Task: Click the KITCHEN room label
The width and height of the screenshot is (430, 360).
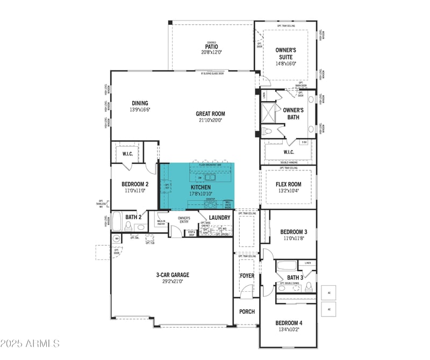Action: point(197,187)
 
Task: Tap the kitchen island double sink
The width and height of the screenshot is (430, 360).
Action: point(210,177)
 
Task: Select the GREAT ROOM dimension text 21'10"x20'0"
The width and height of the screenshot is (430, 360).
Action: point(210,120)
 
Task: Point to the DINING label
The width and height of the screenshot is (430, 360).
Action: point(140,103)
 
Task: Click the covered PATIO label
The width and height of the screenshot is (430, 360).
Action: point(211,46)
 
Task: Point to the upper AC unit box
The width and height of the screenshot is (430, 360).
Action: point(328,292)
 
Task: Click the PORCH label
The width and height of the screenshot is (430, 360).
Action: point(247,312)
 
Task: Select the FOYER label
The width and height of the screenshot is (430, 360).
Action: point(247,276)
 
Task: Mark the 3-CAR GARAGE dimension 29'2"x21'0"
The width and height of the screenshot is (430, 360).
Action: point(173,281)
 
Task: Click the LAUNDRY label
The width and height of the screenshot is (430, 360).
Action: point(220,218)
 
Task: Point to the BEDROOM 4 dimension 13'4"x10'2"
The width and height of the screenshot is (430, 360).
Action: point(289,329)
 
